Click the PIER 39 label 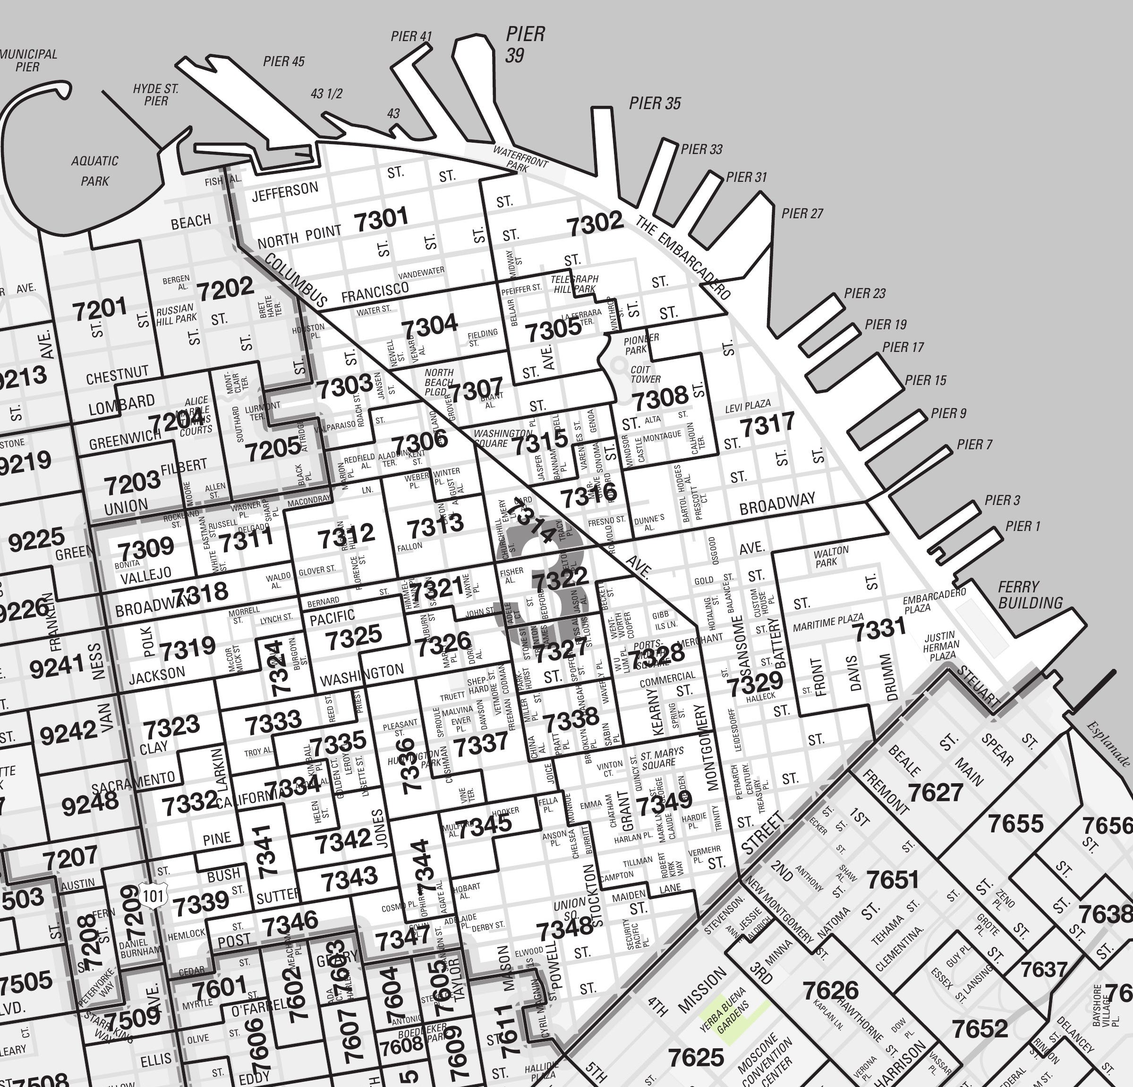click(x=525, y=43)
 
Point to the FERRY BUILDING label click(x=1030, y=595)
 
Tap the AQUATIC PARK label click(x=95, y=171)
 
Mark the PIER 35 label click(x=655, y=103)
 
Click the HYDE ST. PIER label click(x=155, y=95)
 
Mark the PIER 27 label click(x=802, y=214)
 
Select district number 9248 click(x=90, y=803)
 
